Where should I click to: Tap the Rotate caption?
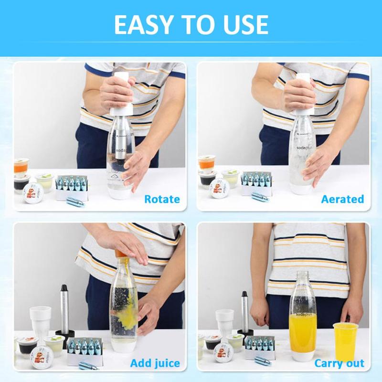coord(162,199)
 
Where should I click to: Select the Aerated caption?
coord(342,199)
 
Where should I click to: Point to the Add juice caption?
coord(155,363)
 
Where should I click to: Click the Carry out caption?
coord(339,363)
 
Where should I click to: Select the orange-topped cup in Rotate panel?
coord(21,167)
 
